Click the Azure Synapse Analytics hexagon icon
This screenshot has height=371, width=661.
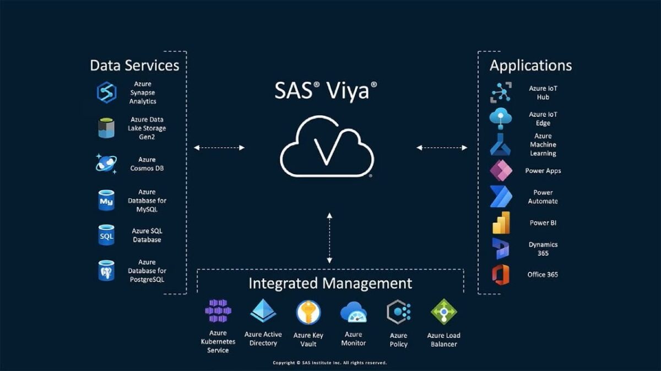[x=106, y=93]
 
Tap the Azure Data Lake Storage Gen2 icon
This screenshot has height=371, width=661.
[x=106, y=128]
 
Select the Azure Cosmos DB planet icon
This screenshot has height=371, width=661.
[x=106, y=164]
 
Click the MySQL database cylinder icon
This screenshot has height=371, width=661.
[x=106, y=200]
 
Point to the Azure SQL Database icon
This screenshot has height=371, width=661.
[x=106, y=235]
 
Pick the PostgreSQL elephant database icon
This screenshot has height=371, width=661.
[x=106, y=270]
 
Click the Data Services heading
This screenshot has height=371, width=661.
[x=134, y=65]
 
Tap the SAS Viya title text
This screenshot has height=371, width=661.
[x=326, y=90]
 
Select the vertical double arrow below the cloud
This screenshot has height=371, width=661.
[x=329, y=238]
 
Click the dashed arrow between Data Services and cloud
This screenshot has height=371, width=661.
[x=219, y=148]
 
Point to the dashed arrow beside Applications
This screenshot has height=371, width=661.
[x=442, y=148]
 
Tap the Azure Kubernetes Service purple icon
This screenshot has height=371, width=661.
[x=218, y=311]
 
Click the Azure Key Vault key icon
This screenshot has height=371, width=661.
[x=308, y=312]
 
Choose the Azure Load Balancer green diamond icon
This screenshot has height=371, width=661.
[x=444, y=311]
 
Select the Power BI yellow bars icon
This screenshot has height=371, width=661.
[x=501, y=223]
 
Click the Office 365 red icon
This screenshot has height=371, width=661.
[x=501, y=275]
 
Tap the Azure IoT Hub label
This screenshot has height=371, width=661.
[x=543, y=93]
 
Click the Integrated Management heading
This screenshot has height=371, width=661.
[x=330, y=283]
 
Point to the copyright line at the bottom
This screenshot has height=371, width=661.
[x=330, y=363]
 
